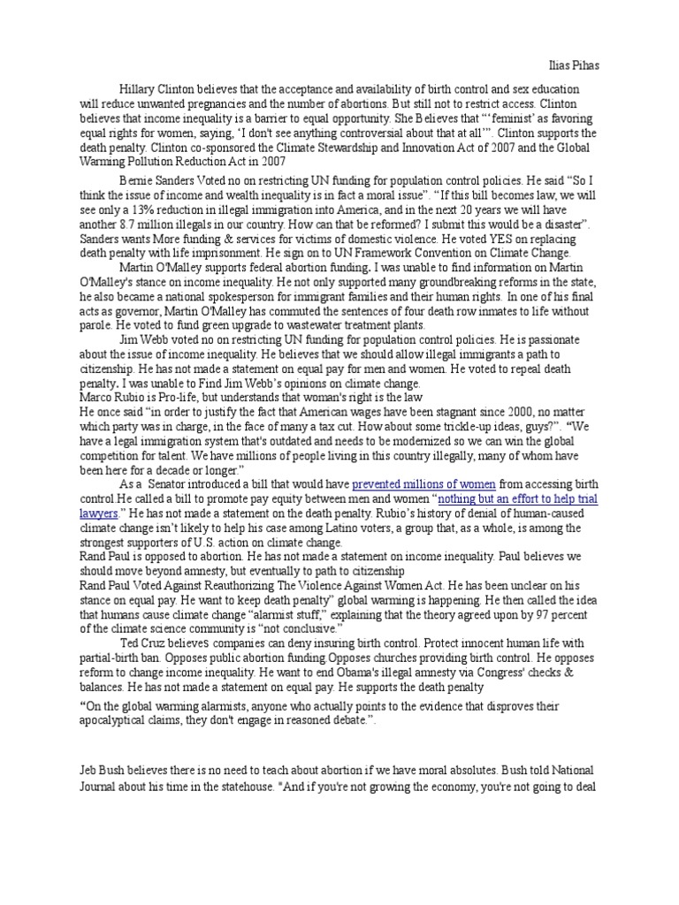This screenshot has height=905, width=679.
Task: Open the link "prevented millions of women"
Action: (x=424, y=484)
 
